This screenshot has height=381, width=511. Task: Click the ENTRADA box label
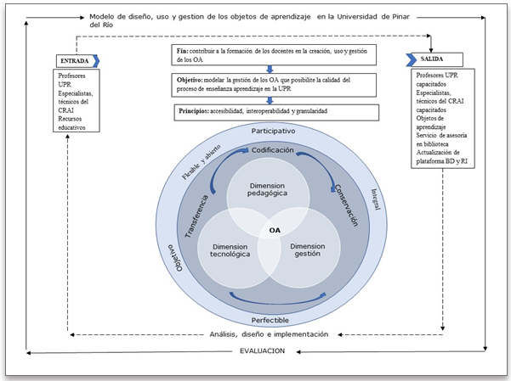74,60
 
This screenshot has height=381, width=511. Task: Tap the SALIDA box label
429,59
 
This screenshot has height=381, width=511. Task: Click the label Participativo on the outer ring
273,132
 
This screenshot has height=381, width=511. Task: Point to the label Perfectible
271,320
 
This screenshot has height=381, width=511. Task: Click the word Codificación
273,150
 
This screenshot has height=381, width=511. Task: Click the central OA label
274,230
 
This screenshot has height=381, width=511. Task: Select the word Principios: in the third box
195,111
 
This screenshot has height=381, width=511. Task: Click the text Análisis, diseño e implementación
269,333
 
